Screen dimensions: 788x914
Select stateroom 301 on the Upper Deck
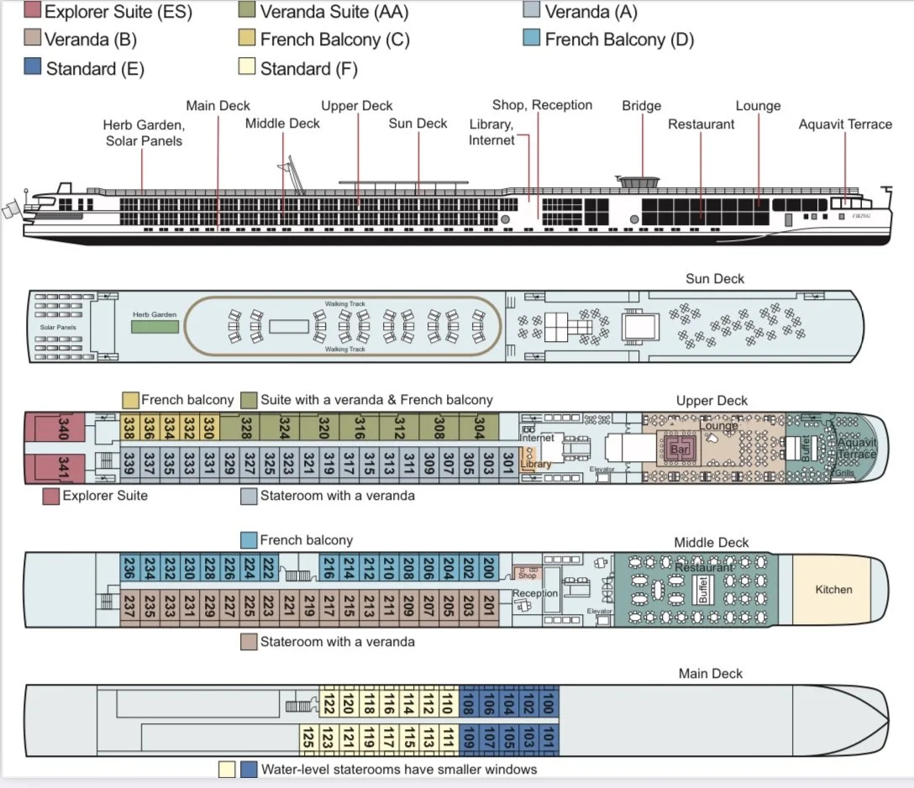pos(507,464)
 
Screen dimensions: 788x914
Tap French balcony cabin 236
pos(130,568)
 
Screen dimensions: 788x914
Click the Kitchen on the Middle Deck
pos(833,590)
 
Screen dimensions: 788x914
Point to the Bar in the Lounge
pos(680,449)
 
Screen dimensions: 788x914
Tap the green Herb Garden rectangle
pos(155,324)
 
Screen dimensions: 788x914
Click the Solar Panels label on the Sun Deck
pos(58,327)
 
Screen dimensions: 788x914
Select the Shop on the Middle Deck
pos(527,575)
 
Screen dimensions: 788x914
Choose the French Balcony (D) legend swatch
pos(531,39)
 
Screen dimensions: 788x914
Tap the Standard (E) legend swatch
pos(33,68)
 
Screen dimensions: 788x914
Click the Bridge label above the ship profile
pos(642,106)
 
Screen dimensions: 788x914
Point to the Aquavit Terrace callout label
pos(845,124)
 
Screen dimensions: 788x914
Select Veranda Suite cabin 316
pos(360,428)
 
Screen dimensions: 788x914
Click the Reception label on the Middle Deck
pos(535,593)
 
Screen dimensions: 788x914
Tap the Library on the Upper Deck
pos(536,464)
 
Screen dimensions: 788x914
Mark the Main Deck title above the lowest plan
pos(711,673)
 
